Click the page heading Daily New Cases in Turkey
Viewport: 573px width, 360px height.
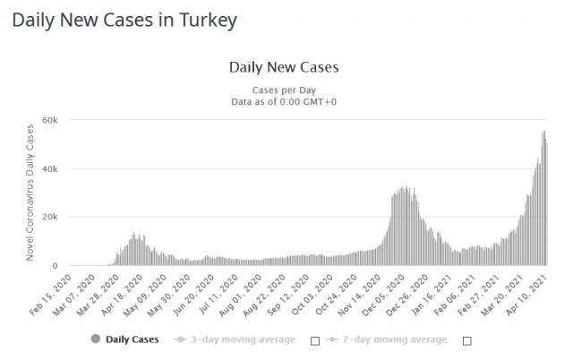[x=126, y=20]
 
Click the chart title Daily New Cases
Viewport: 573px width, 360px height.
[x=284, y=67]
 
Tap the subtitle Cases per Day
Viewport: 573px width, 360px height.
[x=284, y=90]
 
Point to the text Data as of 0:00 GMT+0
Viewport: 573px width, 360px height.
[x=284, y=102]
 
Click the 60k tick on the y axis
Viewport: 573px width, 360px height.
[x=50, y=120]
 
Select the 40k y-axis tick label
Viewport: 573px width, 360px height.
[x=50, y=168]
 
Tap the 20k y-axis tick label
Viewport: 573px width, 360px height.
[x=50, y=217]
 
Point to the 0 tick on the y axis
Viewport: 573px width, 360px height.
[x=56, y=265]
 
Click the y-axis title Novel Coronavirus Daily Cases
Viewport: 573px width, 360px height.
[x=30, y=192]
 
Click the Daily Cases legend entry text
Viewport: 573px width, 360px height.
[x=133, y=339]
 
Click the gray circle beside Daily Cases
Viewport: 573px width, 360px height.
[x=96, y=339]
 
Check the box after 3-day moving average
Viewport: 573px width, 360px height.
[x=314, y=340]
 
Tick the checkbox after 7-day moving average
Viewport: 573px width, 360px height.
[x=467, y=340]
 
